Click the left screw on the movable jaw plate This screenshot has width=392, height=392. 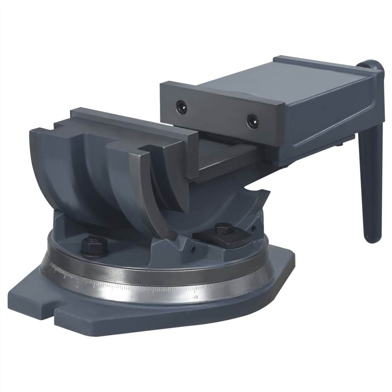click(181, 105)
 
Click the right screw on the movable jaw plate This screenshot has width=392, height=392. click(252, 121)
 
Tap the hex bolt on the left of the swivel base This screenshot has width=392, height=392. click(94, 245)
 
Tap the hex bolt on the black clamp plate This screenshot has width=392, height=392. click(224, 229)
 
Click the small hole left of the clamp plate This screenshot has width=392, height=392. click(192, 248)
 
